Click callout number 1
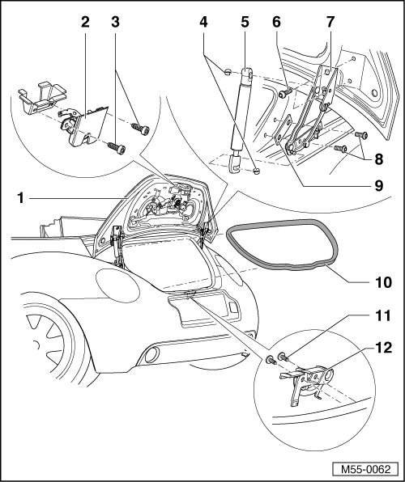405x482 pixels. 20,198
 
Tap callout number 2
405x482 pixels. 85,22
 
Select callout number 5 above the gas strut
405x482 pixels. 245,22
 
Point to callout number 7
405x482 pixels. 330,22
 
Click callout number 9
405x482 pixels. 378,186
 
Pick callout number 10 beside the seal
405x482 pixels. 383,282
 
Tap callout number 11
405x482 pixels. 382,315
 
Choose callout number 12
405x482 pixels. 383,348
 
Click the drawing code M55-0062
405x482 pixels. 365,469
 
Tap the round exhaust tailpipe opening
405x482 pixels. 151,354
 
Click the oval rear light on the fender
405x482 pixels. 117,285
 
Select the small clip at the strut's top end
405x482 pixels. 228,72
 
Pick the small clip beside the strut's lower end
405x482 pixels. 256,171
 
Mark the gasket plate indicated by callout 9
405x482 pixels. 283,129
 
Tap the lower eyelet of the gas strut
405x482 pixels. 235,164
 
